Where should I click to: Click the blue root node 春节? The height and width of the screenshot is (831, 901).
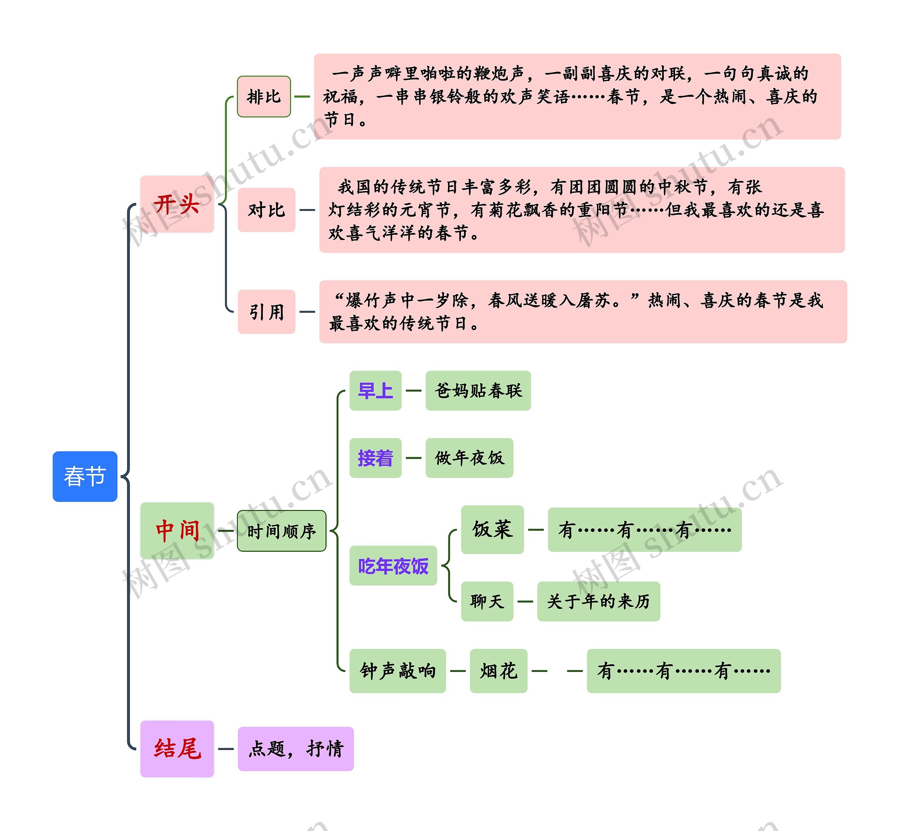coord(85,476)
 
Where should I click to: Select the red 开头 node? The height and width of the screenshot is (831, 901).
coord(177,204)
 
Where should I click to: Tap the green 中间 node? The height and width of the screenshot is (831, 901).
coord(177,531)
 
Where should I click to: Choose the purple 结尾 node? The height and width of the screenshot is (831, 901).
coord(177,749)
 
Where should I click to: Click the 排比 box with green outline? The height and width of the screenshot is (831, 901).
coord(264,97)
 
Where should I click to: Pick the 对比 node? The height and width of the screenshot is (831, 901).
coord(267,210)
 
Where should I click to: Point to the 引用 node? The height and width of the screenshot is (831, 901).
coord(267,311)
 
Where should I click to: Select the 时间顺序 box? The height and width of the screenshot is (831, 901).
coord(282,531)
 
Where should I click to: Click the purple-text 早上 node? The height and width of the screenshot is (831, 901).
coord(376,391)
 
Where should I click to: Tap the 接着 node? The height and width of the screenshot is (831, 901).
coord(376,458)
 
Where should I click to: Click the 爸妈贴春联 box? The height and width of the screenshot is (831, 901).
coord(478,391)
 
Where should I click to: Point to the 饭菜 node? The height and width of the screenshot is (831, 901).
coord(492,529)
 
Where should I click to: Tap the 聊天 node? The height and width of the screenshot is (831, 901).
coord(487,601)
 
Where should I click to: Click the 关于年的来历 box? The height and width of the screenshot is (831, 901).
coord(598,601)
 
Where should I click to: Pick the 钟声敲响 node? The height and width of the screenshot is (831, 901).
coord(397,671)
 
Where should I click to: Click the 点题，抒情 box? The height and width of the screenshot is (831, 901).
coord(296,749)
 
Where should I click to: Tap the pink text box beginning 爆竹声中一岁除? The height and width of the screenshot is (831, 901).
coord(583,311)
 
